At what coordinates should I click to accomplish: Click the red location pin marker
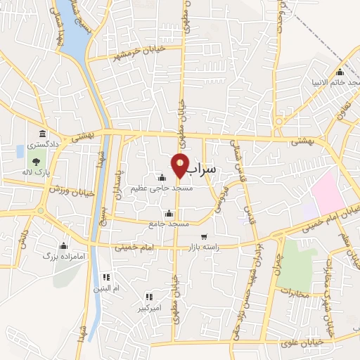181,165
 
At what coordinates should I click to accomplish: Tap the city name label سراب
204,171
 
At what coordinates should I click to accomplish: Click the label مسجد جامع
169,223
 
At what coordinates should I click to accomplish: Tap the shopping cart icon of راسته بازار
204,237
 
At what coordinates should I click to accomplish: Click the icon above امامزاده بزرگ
64,246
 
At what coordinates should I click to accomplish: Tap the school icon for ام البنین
106,277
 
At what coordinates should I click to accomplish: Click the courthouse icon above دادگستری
43,134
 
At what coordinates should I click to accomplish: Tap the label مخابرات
294,292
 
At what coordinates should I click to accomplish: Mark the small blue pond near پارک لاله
20,151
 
